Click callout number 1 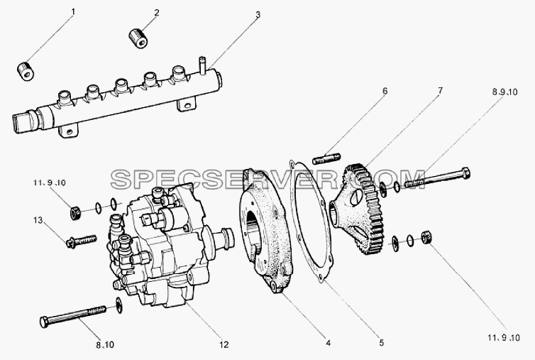(72, 12)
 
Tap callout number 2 (157, 13)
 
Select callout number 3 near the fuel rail (258, 15)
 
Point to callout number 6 (385, 91)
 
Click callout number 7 (440, 90)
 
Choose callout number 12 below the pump (224, 344)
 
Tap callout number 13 (38, 220)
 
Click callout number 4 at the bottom (328, 343)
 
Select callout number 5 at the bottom (381, 342)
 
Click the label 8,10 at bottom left (105, 345)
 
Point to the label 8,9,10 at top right (504, 92)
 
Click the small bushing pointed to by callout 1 (26, 72)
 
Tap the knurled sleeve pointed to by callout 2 (138, 38)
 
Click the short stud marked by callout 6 (326, 158)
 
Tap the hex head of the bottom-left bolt (45, 322)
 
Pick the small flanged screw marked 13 (81, 241)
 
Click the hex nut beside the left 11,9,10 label (75, 214)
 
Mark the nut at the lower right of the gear (426, 237)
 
